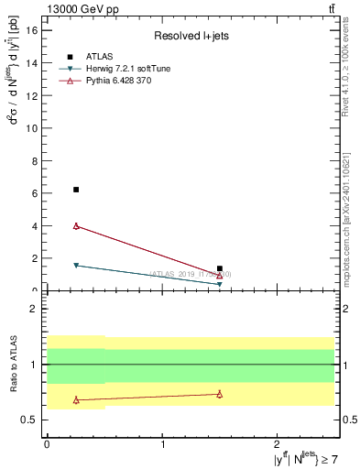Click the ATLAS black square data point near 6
76,190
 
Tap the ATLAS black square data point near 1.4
220,268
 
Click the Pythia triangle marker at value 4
76,225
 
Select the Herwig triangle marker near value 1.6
76,266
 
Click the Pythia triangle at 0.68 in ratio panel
76,399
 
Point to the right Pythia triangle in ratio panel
220,394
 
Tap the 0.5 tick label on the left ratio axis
29,420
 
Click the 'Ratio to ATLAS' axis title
12,365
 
